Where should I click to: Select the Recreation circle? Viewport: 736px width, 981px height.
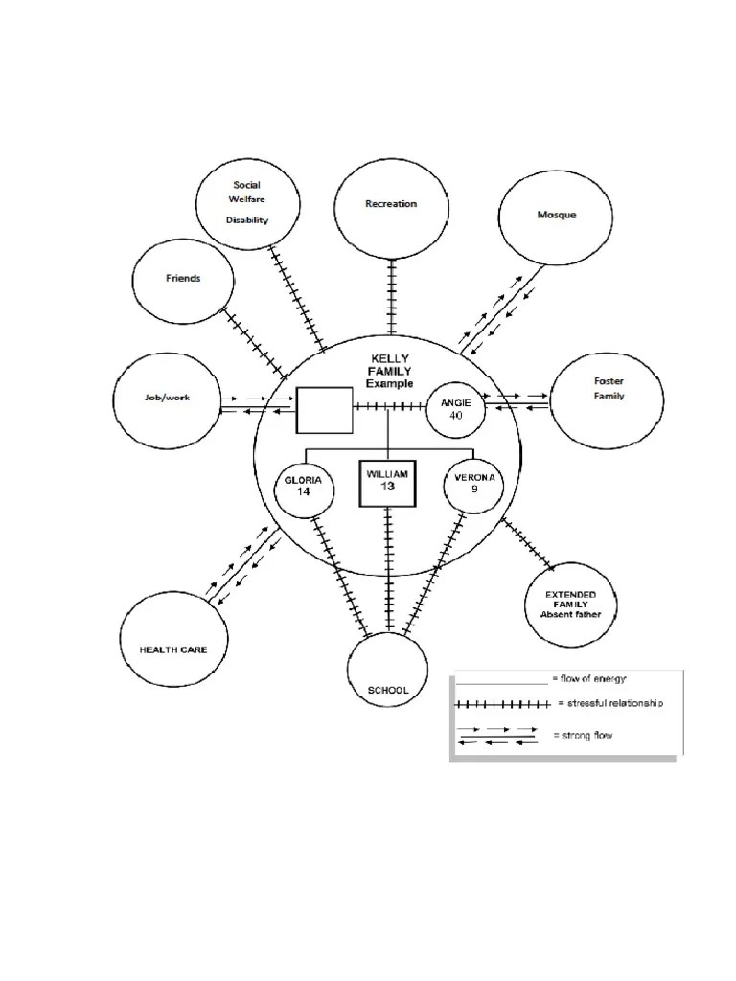334,210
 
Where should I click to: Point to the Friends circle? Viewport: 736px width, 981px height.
132,281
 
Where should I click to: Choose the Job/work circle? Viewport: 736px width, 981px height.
113,400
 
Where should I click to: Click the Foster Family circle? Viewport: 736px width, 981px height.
550,401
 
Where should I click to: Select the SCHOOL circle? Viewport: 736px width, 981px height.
348,670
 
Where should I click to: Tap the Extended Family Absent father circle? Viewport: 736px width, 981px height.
525,605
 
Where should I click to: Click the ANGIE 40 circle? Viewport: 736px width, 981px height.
427,408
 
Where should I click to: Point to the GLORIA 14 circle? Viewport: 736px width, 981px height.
275,489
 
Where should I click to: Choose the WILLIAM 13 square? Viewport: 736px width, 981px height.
360,484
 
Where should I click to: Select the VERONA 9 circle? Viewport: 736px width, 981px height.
445,484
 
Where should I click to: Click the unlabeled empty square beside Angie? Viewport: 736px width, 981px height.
296,410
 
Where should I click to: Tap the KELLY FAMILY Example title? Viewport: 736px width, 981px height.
390,371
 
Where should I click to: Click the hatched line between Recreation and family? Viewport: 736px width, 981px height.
391,297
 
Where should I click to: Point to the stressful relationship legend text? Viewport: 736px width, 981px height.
610,703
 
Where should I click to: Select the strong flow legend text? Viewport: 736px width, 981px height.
583,735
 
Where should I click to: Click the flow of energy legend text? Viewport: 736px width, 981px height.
589,678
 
